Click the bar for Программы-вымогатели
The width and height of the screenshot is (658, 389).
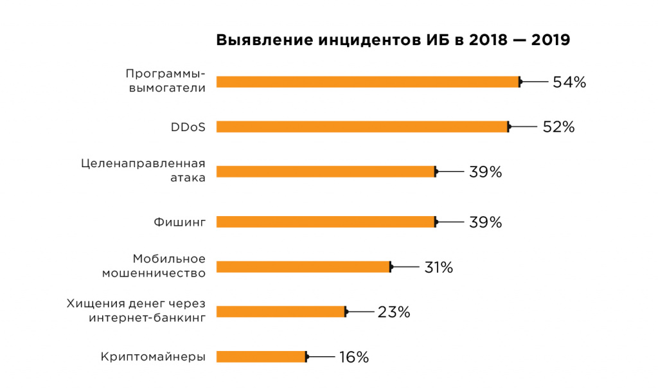point(368,82)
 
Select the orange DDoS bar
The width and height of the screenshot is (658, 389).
point(362,127)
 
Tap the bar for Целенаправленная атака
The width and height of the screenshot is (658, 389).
point(326,172)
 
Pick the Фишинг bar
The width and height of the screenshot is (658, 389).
point(326,222)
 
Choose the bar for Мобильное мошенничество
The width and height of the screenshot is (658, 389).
point(303,267)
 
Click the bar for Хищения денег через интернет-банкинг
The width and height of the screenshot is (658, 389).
point(281,312)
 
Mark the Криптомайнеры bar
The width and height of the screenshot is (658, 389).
point(262,357)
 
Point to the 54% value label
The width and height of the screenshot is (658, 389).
point(569,82)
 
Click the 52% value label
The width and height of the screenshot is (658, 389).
point(558,127)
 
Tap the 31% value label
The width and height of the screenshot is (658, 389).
point(438,267)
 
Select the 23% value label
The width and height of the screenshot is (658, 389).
point(394,312)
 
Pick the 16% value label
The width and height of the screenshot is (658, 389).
point(354,357)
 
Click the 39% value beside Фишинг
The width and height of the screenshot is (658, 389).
point(485,222)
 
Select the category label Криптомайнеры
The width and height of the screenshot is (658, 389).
point(154,357)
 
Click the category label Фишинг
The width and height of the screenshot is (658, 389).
point(179,222)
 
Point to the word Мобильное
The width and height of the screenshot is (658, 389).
point(169,258)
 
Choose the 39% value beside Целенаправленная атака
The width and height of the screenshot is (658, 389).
point(485,172)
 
